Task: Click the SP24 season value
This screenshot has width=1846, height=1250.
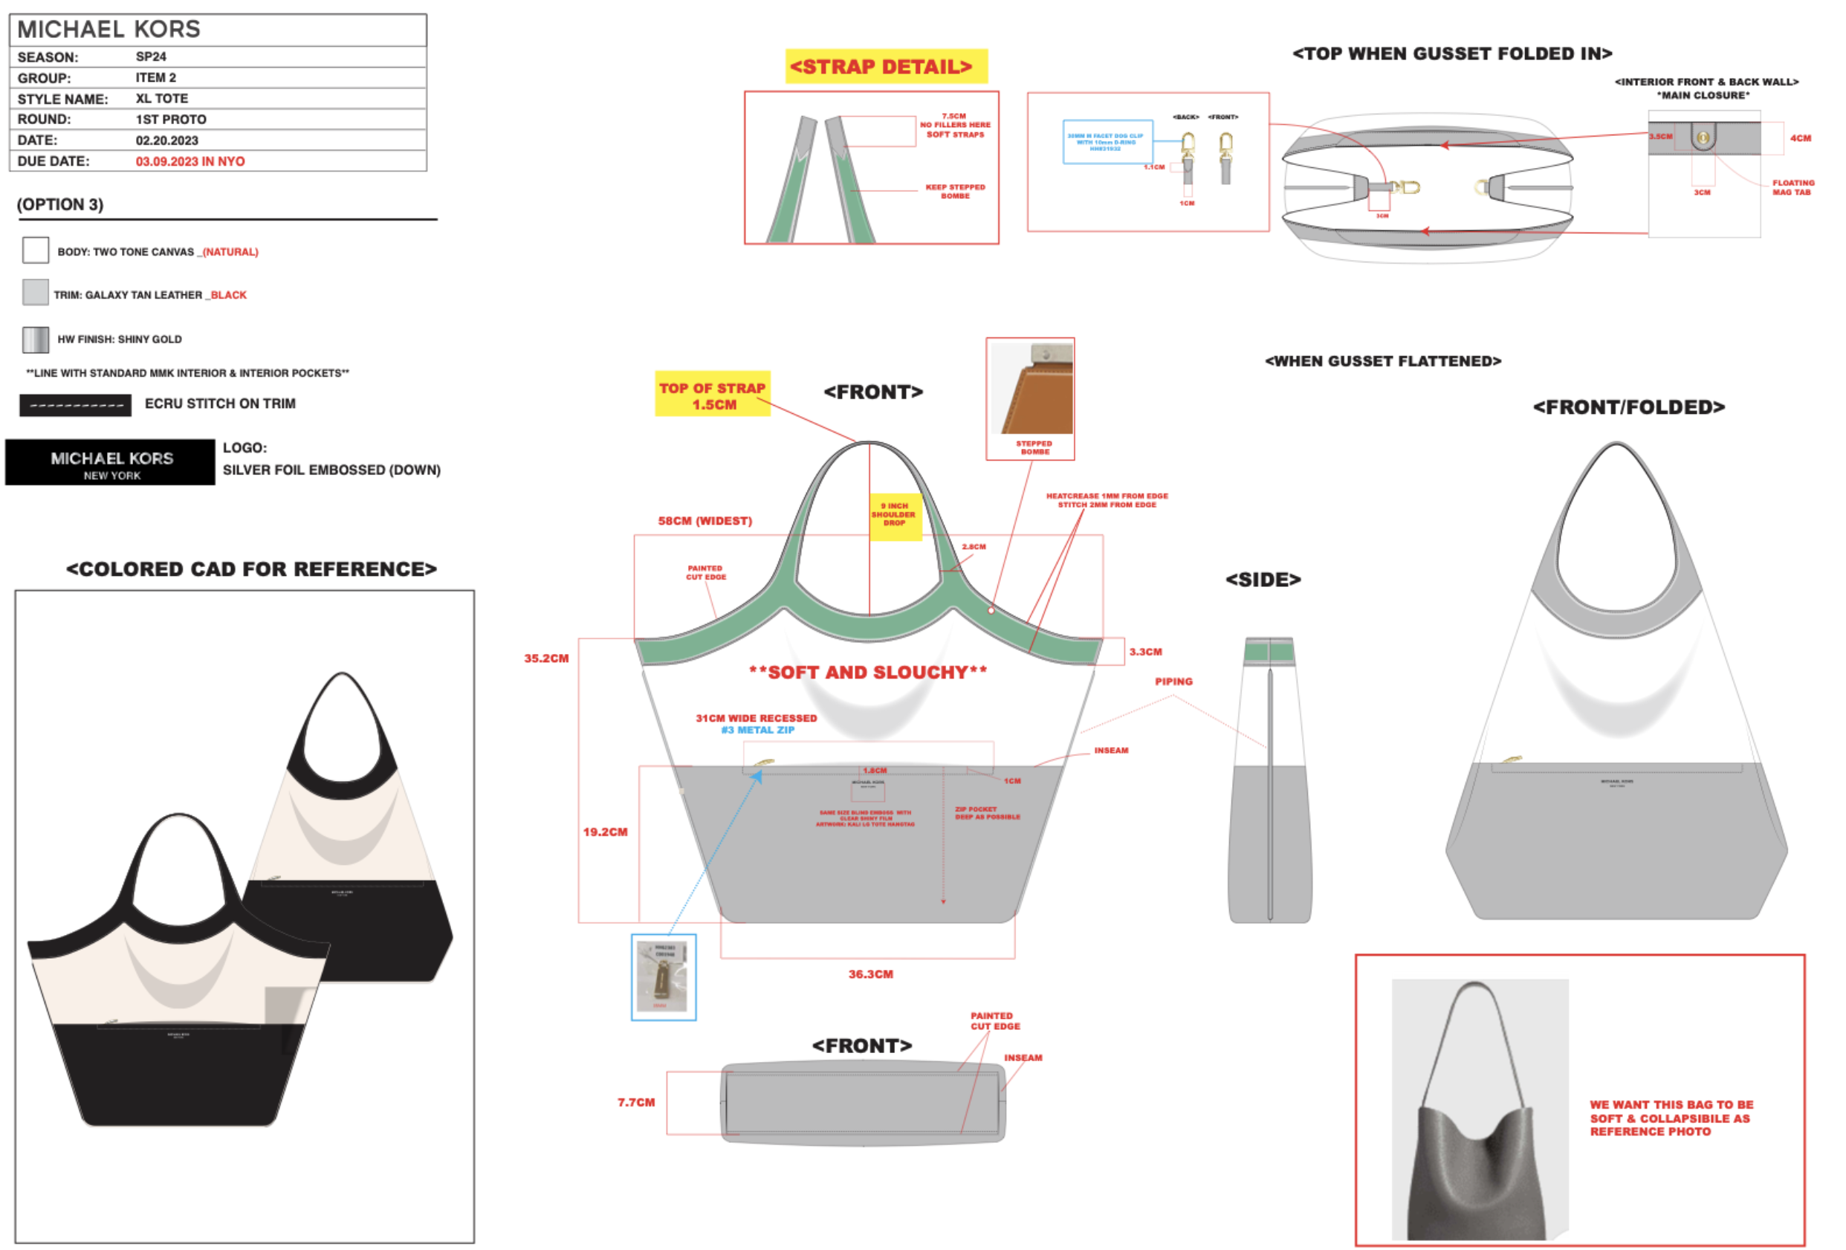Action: [x=151, y=56]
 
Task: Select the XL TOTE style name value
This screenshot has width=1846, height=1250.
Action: [x=162, y=99]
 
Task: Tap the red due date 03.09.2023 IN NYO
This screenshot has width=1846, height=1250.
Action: [x=190, y=161]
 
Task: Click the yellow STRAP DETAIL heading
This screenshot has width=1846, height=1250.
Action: [x=886, y=67]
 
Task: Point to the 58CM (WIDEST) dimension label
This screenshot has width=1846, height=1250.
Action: [x=705, y=521]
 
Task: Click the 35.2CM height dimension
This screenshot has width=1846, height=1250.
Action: [x=546, y=658]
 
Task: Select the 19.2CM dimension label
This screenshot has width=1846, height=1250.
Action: [x=605, y=832]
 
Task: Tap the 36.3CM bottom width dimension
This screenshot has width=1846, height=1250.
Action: [x=870, y=974]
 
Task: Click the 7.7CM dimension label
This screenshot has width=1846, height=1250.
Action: [x=636, y=1102]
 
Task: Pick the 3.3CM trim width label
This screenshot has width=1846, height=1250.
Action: [x=1145, y=652]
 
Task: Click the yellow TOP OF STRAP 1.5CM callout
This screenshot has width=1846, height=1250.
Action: [x=713, y=395]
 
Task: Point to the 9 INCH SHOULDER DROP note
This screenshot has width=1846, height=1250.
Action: [x=895, y=514]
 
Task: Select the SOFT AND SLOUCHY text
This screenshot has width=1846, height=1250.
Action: [x=868, y=673]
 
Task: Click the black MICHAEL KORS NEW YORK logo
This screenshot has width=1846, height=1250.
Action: [x=111, y=463]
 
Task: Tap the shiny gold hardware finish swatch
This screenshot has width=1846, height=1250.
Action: [x=36, y=339]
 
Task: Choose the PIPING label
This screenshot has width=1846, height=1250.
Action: [x=1173, y=681]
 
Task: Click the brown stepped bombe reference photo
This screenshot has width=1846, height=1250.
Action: [x=1031, y=389]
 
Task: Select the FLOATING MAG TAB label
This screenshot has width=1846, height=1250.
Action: [x=1792, y=187]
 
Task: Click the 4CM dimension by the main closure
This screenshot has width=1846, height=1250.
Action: [x=1801, y=138]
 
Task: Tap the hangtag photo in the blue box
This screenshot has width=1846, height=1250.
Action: [x=663, y=977]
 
